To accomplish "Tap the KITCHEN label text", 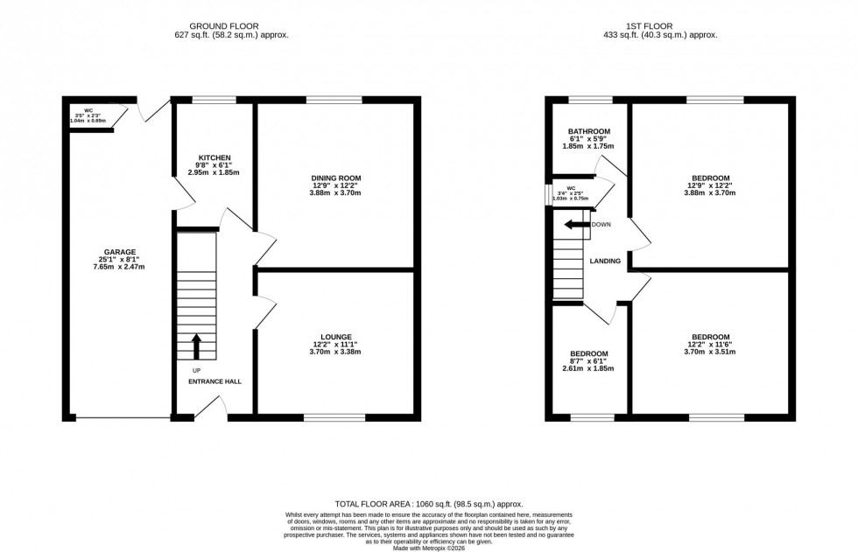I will [x=214, y=157].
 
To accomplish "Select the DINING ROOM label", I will [x=335, y=178].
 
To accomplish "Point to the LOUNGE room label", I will [x=335, y=336].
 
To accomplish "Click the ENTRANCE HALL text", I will [x=214, y=381].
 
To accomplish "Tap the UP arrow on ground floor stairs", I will [x=196, y=346].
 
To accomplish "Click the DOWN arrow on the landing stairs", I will [x=578, y=225].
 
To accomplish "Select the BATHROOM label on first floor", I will [x=587, y=131].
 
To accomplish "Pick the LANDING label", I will [x=605, y=261].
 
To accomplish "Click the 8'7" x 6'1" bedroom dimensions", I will [x=587, y=369].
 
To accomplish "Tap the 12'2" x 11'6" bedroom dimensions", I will [x=710, y=353].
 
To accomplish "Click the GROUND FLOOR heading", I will [x=231, y=26].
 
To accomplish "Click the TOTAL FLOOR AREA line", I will [x=429, y=505].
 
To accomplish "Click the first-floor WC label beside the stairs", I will [x=571, y=188].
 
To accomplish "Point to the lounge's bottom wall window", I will [x=335, y=417].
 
